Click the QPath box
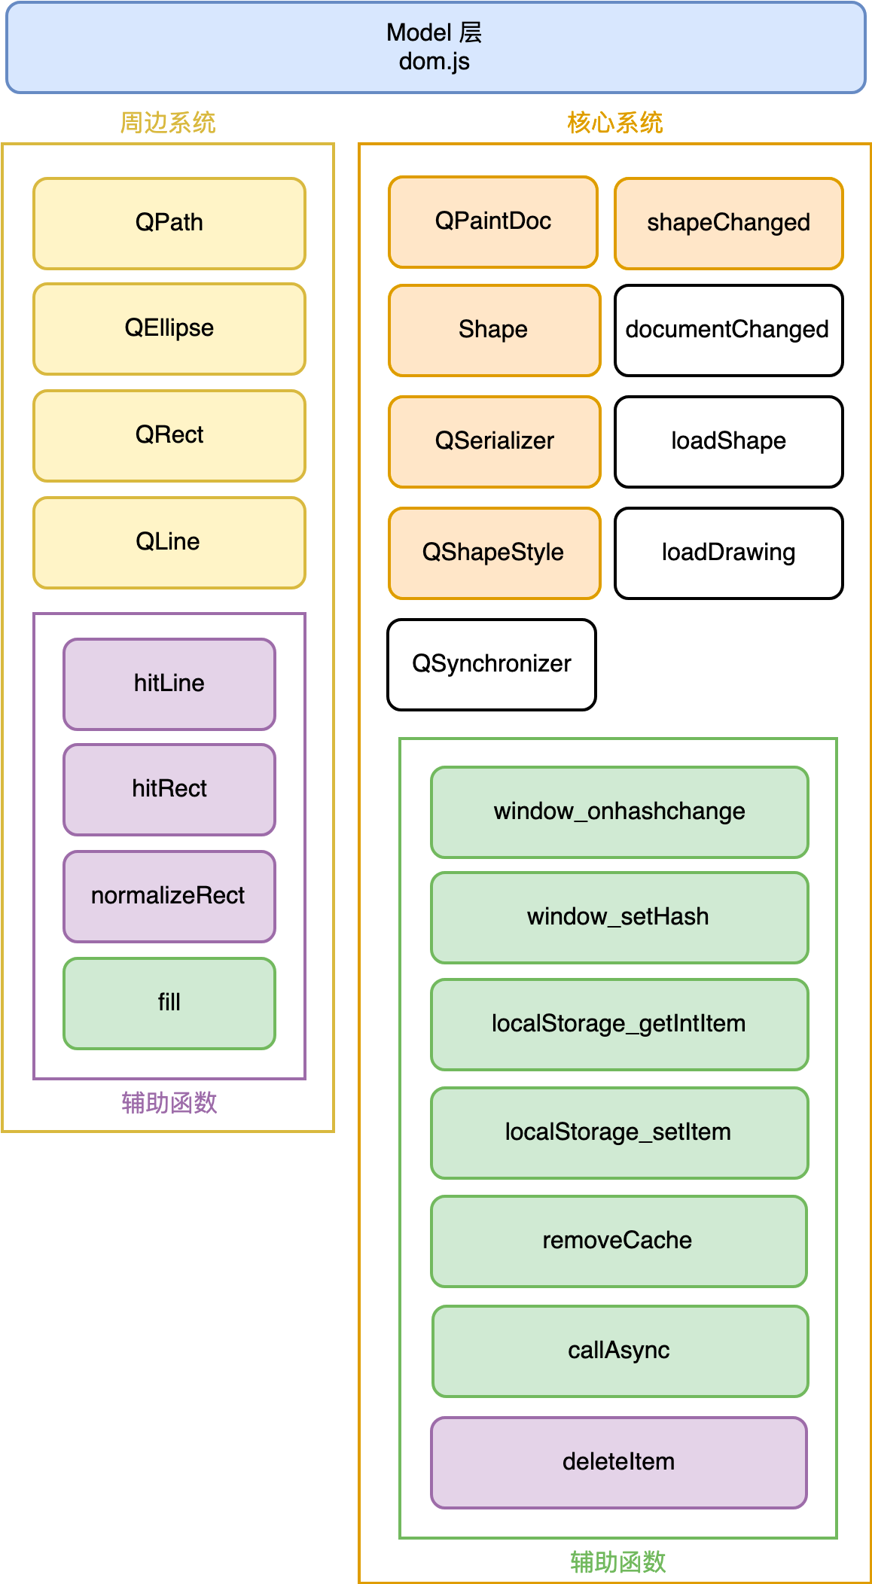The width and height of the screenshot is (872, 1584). (169, 224)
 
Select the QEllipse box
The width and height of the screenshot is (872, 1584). (169, 329)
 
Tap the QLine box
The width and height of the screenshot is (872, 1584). (169, 542)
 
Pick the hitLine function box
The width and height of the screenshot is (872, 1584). (169, 684)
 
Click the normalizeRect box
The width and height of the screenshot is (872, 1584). (169, 896)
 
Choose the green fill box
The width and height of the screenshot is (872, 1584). (169, 1003)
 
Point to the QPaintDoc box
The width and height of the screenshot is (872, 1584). (493, 222)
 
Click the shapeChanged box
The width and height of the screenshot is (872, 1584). (728, 224)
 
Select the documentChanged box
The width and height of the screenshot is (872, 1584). (728, 330)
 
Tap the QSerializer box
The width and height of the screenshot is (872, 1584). (495, 441)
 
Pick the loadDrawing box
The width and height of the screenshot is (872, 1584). (728, 553)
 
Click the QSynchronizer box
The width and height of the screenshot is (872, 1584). (492, 664)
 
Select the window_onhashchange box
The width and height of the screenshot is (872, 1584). (619, 812)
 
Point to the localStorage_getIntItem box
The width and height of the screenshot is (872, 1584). (619, 1024)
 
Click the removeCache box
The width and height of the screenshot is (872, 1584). (618, 1241)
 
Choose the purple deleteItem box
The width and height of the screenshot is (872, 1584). (618, 1462)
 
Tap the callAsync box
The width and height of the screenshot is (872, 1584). (620, 1351)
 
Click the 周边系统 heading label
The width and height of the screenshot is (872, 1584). (168, 123)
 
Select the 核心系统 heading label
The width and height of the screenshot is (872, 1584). (614, 123)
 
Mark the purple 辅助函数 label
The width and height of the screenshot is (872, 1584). (169, 1103)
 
